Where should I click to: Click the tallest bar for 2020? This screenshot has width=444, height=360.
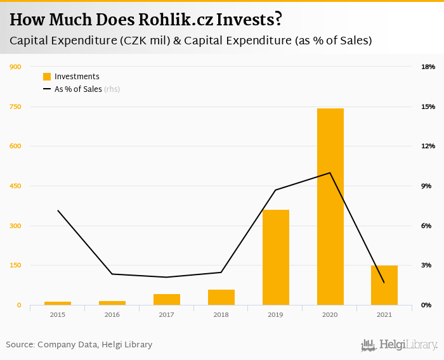coord(330,207)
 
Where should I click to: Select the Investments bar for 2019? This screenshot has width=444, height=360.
coord(275,257)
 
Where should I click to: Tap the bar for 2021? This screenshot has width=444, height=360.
coord(384,285)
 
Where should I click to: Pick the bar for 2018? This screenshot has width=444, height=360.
coord(221,297)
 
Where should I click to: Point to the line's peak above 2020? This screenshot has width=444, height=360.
coord(330,172)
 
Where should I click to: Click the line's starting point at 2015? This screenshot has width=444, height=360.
coord(58,210)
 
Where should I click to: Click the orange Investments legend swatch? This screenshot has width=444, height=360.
coord(47,77)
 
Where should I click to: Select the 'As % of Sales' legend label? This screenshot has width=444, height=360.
coord(78,89)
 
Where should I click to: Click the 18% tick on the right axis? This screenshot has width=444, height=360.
coord(428,67)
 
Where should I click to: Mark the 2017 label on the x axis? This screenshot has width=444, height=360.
coord(166,314)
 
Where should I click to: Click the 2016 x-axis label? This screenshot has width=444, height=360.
coord(112,314)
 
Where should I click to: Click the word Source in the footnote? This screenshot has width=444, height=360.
coord(19,345)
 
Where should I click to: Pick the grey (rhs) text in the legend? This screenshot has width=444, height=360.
coord(112,89)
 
